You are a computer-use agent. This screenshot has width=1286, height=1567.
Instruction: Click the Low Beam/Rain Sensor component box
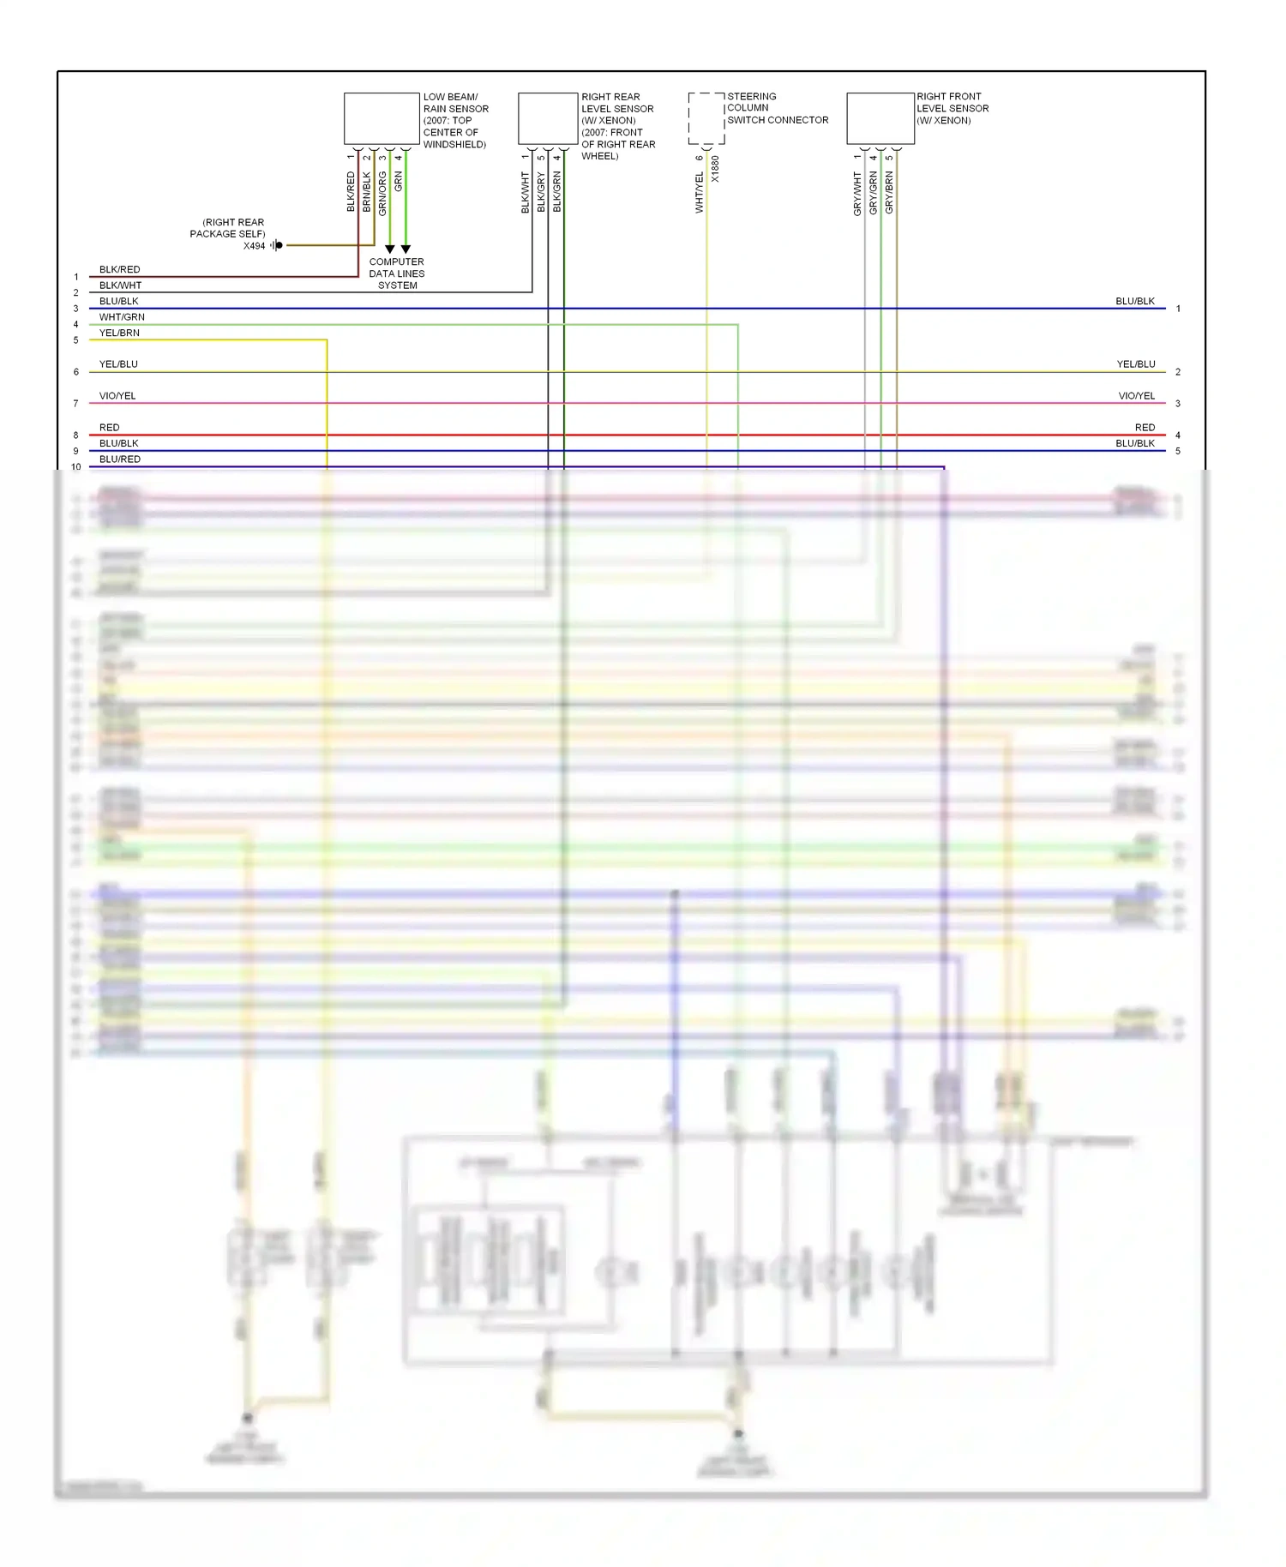pos(382,118)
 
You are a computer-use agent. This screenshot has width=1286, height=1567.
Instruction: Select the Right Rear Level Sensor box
pos(548,118)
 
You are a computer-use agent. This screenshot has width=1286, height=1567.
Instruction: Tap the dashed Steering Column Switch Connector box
pos(706,118)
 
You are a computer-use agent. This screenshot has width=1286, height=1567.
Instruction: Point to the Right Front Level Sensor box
pos(880,118)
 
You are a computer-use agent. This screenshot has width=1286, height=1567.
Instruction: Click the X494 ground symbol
pos(277,245)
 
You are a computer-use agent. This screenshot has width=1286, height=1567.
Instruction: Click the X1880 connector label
pos(716,168)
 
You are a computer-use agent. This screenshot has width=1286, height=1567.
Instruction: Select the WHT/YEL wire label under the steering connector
pos(700,192)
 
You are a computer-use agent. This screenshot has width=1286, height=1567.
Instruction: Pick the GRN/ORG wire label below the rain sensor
pos(382,194)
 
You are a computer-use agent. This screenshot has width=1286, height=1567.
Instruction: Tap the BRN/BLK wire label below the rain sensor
pos(367,192)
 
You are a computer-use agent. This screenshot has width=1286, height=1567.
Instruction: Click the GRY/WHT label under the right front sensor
pos(857,193)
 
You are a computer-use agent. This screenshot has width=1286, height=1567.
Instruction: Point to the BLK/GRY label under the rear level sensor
pos(541,192)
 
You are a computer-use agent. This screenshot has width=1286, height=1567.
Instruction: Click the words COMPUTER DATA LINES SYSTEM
pos(397,273)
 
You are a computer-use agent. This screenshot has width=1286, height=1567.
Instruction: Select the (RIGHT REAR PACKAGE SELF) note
pos(228,228)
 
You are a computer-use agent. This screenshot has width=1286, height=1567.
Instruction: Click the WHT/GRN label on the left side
pos(122,317)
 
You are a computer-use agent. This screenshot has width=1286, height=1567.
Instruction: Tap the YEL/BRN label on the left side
pos(119,333)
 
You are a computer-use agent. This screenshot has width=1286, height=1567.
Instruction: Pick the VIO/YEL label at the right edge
pos(1136,396)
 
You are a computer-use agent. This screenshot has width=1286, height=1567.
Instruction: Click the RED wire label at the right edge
pos(1145,427)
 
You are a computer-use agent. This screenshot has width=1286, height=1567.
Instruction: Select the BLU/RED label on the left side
pos(120,459)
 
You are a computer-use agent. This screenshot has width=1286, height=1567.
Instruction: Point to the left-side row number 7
pos(76,404)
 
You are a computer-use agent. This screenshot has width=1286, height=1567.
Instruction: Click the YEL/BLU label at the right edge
pos(1136,364)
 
